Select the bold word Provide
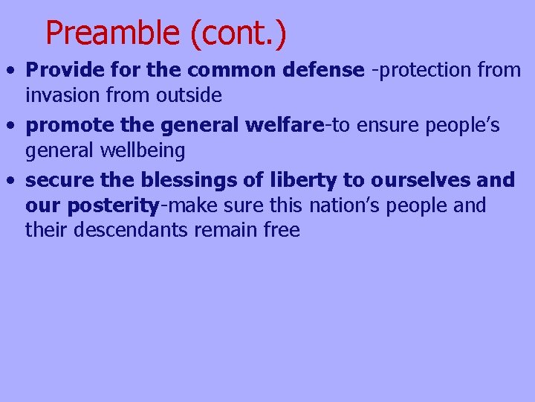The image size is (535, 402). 57,70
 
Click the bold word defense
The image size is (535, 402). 328,70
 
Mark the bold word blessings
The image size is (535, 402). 187,180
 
